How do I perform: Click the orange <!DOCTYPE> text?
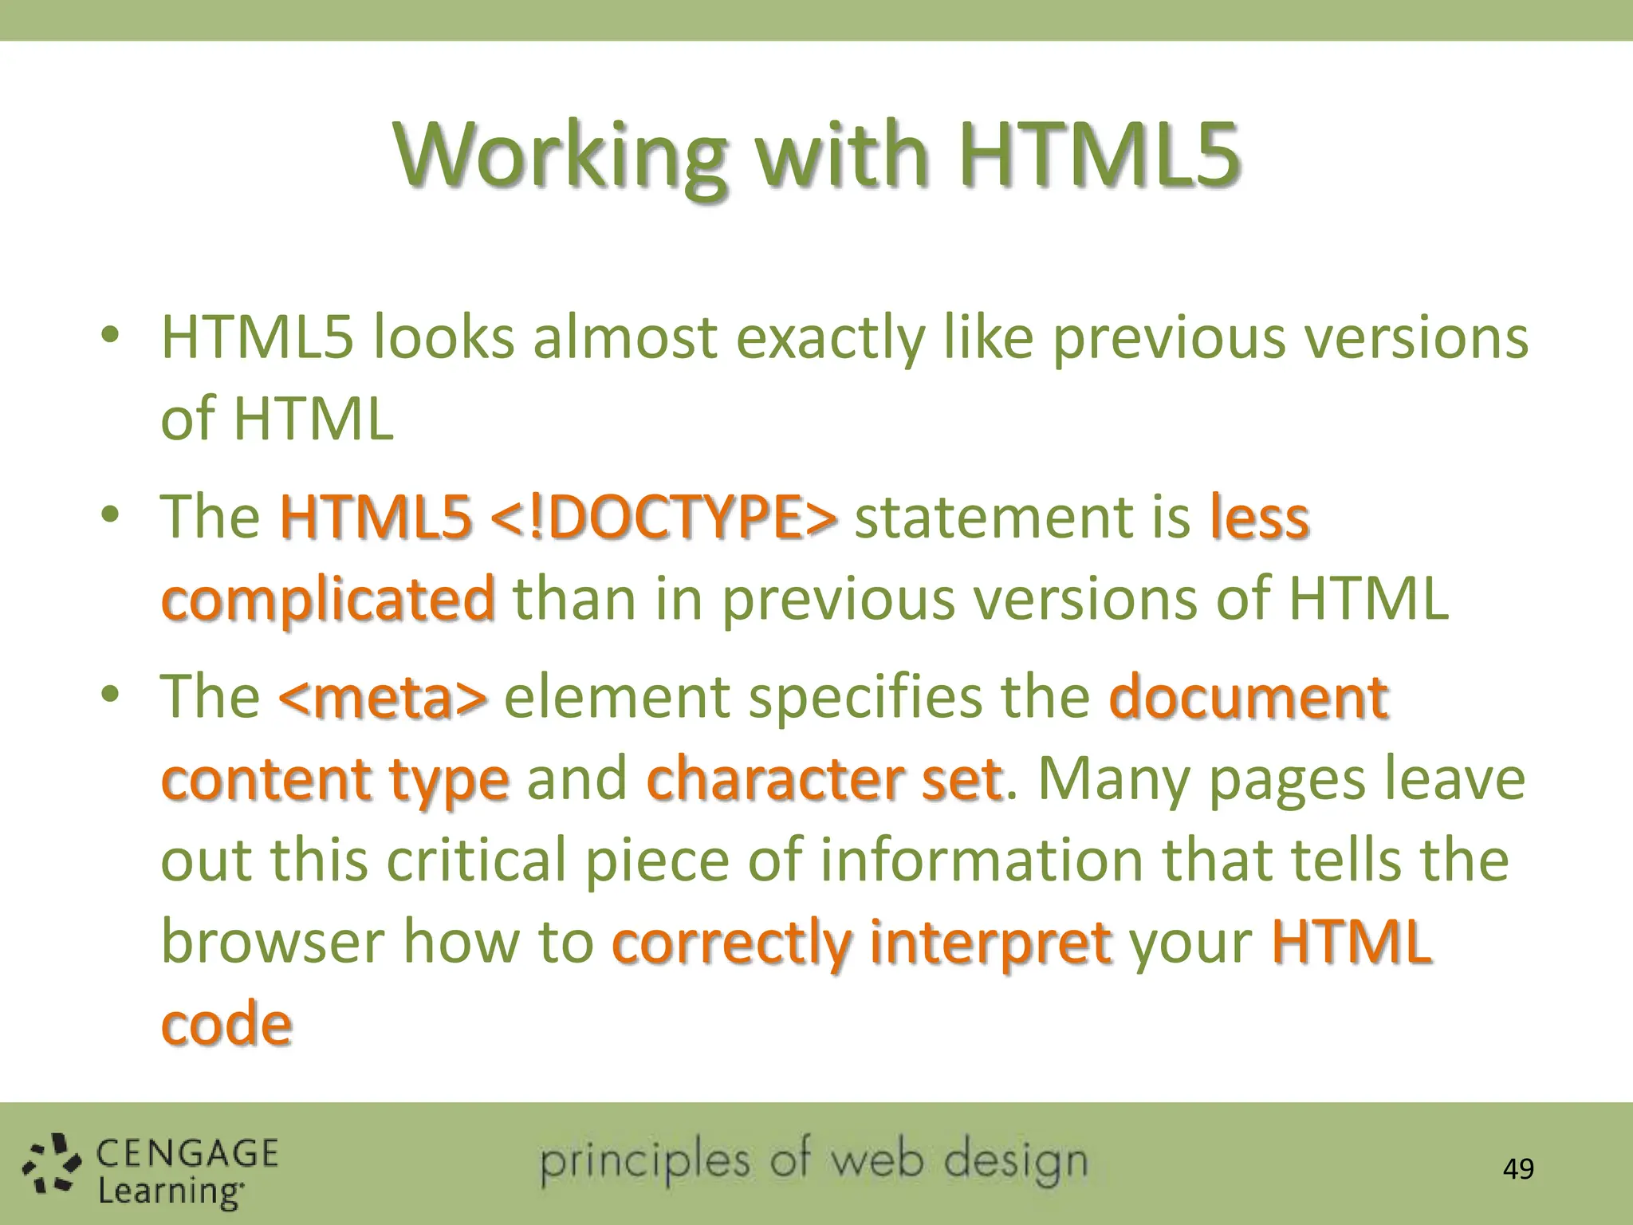663,518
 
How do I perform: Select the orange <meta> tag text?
382,697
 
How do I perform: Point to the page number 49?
1517,1169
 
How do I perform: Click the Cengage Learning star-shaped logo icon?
51,1166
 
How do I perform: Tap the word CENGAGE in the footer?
187,1154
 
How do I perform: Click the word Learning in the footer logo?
169,1192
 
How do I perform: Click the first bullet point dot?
110,335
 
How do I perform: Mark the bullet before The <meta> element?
110,694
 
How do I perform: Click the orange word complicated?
328,601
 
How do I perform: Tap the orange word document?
1249,697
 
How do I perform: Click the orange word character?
774,779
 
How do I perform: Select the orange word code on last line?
226,1024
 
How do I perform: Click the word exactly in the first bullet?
829,338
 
